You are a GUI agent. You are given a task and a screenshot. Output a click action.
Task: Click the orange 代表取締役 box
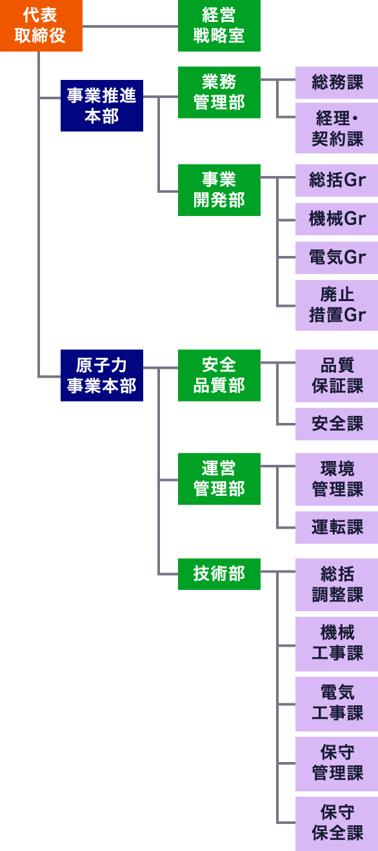click(41, 25)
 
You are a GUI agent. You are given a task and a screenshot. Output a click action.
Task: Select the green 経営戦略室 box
click(219, 25)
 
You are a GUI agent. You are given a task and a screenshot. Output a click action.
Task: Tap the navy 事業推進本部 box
click(102, 106)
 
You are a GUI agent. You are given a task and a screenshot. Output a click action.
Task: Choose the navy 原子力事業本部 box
click(102, 375)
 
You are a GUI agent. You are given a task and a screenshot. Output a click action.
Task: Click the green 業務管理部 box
click(219, 92)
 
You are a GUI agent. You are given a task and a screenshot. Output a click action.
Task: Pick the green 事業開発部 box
click(219, 190)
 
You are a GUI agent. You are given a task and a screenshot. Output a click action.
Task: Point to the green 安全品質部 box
click(219, 375)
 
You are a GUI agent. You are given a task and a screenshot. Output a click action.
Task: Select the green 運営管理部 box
click(219, 478)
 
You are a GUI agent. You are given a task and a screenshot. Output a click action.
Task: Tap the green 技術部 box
click(219, 574)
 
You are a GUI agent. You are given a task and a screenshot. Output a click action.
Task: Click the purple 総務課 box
click(337, 83)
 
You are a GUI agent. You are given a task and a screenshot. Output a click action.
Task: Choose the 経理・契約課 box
click(337, 128)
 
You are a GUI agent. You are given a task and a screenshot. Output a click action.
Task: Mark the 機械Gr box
click(337, 219)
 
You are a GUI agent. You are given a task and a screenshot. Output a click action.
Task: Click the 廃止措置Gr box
click(337, 305)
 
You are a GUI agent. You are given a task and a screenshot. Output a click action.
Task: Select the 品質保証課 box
click(337, 376)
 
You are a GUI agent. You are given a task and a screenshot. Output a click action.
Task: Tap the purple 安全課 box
click(337, 424)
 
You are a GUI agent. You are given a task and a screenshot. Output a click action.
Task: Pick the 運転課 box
click(337, 527)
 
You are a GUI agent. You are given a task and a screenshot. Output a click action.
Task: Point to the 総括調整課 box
click(337, 585)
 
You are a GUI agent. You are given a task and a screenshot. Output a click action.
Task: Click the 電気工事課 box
click(337, 704)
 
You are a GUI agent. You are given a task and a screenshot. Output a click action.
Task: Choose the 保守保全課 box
click(337, 824)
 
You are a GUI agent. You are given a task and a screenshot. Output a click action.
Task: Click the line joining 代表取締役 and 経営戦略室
click(130, 26)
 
